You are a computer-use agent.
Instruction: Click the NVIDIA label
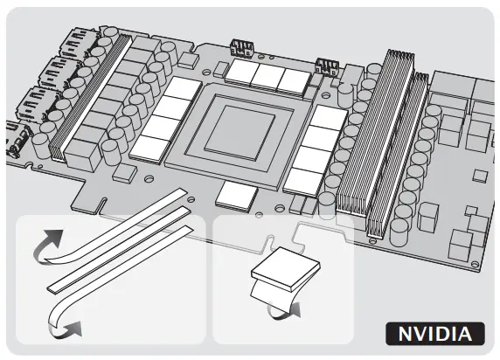click(434, 334)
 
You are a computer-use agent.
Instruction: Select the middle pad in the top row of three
click(265, 76)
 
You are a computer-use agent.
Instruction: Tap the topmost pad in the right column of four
click(327, 118)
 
